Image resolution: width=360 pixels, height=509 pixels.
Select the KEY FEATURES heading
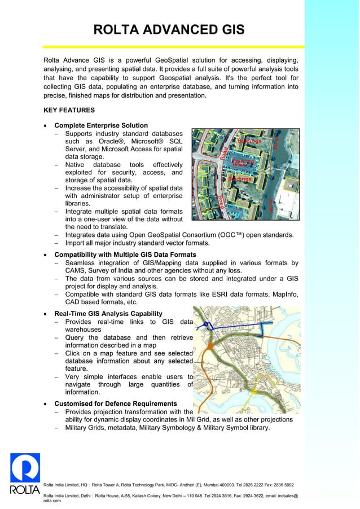click(x=69, y=110)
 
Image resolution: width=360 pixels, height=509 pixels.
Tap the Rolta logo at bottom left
click(x=25, y=474)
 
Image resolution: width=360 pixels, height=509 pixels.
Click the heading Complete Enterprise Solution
click(x=101, y=125)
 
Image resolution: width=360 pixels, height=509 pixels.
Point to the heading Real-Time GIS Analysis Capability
click(x=108, y=314)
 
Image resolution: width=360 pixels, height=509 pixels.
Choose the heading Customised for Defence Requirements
click(x=116, y=404)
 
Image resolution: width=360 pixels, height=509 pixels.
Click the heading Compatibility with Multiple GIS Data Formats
click(x=125, y=254)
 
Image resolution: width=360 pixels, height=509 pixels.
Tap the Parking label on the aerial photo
click(x=244, y=162)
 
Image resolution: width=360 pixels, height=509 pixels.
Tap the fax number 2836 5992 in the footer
click(x=280, y=485)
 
